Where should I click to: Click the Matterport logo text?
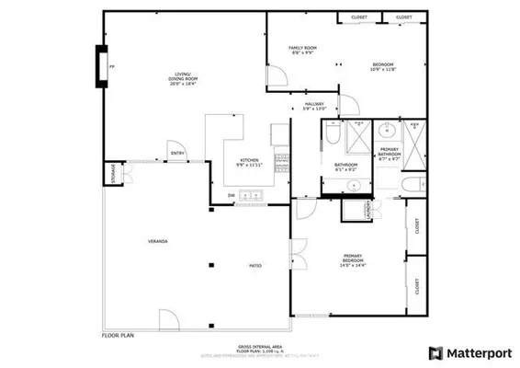coord(478,352)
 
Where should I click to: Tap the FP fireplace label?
coord(111,67)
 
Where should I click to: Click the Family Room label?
coord(302,51)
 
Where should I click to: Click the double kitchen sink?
coord(251,195)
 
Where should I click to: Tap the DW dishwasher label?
coord(231,195)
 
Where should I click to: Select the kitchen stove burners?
coord(281,163)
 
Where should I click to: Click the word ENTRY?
coord(176,154)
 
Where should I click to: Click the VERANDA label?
coord(157,241)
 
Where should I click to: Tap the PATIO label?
coord(255,266)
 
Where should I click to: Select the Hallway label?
coord(314,106)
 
